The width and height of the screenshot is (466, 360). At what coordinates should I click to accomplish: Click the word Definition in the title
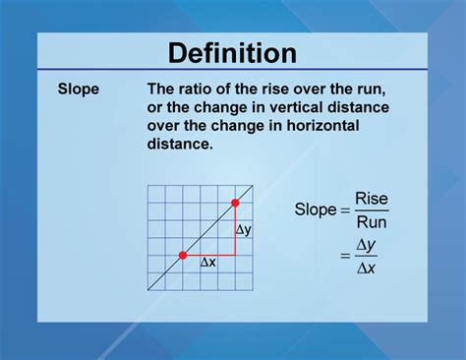click(232, 53)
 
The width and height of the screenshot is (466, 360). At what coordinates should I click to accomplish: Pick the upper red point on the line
click(235, 204)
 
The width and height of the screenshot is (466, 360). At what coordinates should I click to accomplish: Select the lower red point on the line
click(183, 255)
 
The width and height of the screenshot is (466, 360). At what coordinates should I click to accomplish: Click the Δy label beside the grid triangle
click(244, 229)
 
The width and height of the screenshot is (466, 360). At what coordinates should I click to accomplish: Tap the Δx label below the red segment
click(208, 264)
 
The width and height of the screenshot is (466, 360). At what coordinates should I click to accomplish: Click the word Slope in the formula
click(316, 209)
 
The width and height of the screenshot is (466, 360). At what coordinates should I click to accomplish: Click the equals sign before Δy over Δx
click(345, 256)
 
